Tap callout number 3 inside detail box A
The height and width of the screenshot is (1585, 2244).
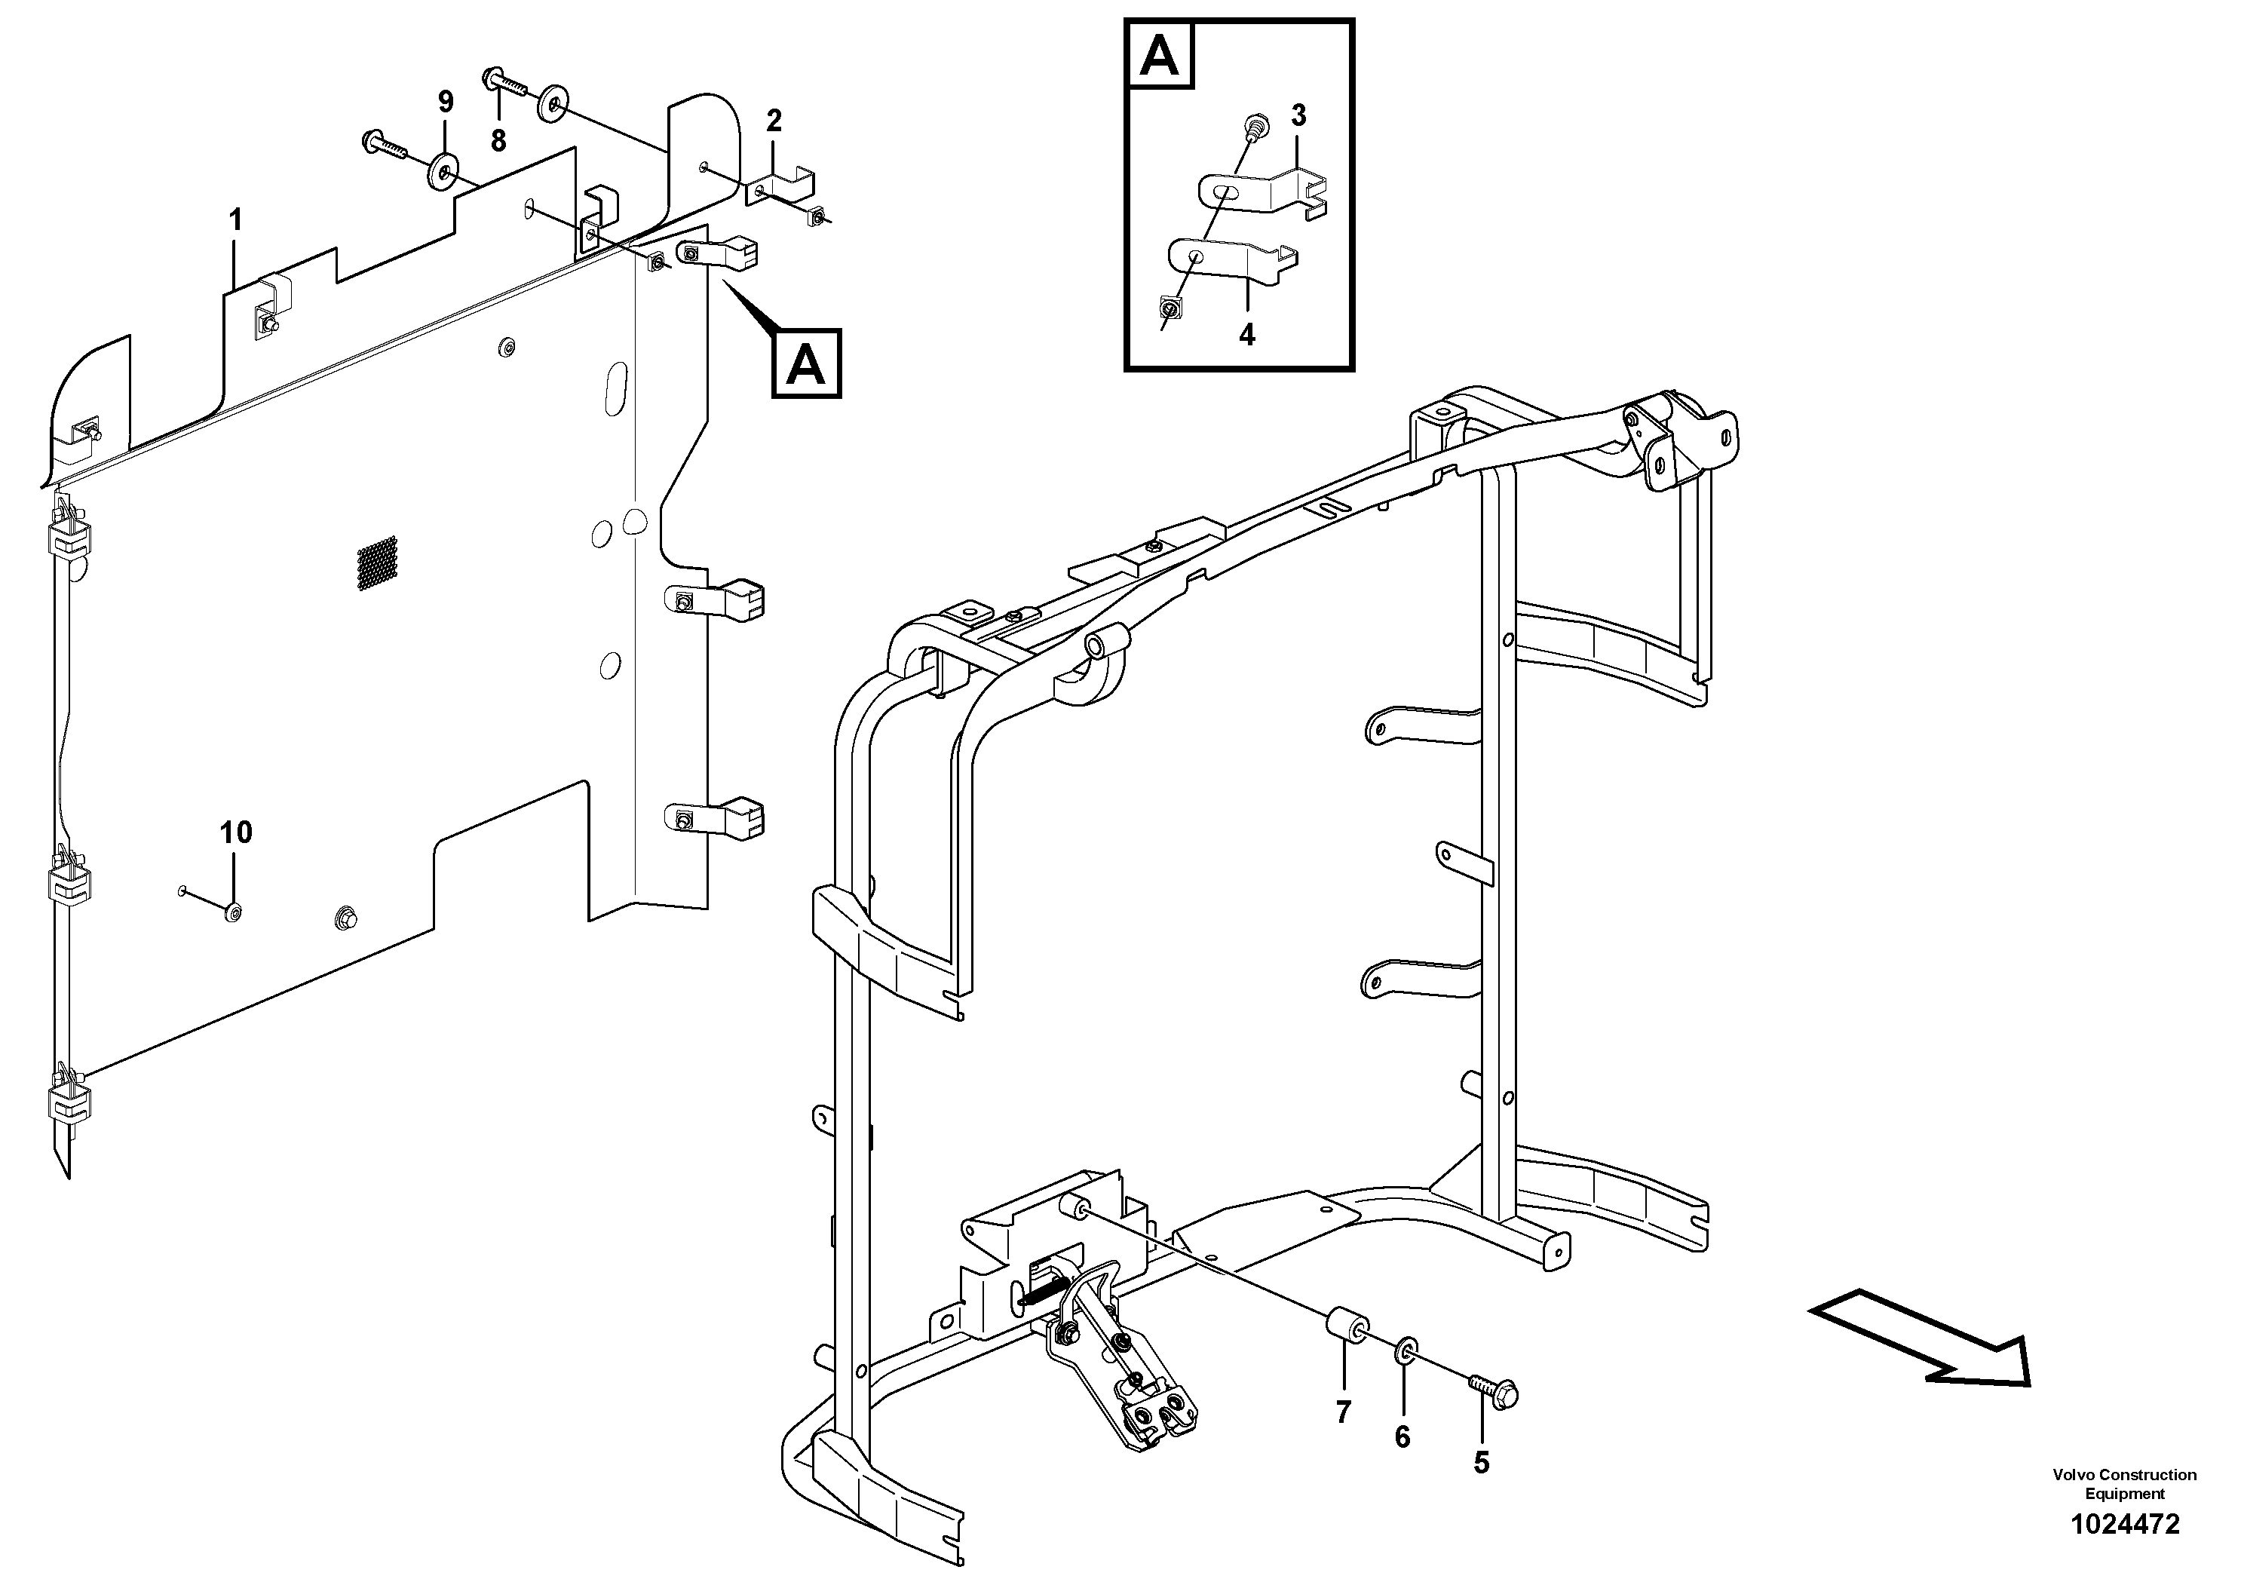(1298, 115)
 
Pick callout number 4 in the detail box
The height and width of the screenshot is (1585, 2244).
(1246, 336)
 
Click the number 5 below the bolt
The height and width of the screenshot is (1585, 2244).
(1481, 1463)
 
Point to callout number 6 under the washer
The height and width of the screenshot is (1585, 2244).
(1402, 1436)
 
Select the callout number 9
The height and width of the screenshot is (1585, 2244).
(446, 102)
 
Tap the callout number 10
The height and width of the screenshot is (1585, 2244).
(235, 832)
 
